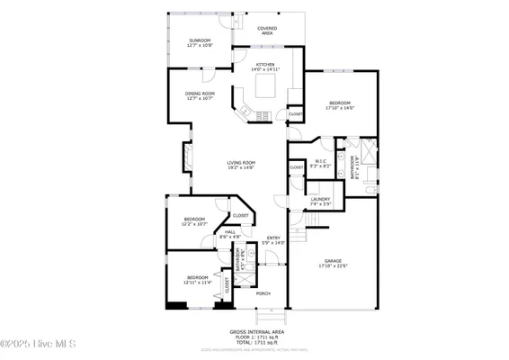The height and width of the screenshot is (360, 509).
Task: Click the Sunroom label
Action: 200,42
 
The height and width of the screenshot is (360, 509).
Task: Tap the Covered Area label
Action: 267,31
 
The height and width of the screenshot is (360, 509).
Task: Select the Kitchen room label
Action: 264,67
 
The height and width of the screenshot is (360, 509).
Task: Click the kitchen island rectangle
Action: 265,86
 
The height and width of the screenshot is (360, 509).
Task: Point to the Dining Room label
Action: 200,95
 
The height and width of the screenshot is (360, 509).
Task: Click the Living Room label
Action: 241,165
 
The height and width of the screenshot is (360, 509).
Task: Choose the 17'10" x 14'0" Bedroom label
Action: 340,105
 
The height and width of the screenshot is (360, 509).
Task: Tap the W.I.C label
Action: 321,164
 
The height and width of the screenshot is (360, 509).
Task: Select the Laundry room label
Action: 320,202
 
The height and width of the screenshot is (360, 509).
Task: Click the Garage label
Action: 332,263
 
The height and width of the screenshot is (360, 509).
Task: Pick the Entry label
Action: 272,240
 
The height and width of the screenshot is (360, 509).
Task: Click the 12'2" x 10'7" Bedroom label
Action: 195,221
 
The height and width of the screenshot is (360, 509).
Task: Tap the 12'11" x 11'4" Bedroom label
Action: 199,279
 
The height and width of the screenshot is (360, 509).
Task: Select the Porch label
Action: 263,293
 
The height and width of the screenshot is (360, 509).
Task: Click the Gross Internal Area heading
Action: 255,331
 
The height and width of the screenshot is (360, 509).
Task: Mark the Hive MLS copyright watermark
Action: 39,345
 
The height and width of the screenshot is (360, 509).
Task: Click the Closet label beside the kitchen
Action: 295,115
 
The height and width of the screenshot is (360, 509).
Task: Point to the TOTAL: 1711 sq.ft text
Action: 255,342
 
